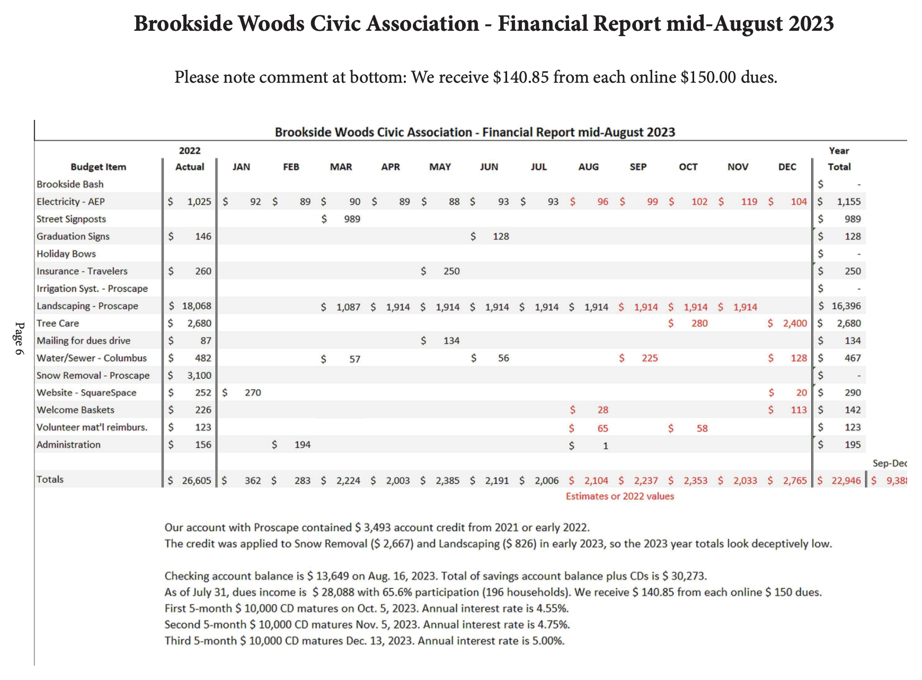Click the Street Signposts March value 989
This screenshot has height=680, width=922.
coord(352,219)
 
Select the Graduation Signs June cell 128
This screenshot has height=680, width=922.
coord(501,237)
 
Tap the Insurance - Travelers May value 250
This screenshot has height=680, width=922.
coord(451,271)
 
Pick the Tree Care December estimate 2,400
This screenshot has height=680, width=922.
coord(795,323)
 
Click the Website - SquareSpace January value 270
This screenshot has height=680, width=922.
coord(253,393)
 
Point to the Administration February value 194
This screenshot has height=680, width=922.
coord(302,444)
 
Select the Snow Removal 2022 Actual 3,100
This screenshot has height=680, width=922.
coord(199,376)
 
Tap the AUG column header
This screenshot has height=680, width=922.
coord(588,167)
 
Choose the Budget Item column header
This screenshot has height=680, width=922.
coord(98,167)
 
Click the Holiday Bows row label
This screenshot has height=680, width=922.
coord(66,254)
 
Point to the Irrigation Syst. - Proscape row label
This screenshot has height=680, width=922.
coord(92,289)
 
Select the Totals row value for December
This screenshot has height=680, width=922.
coord(795,481)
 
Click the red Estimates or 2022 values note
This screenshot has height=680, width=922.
coord(619,496)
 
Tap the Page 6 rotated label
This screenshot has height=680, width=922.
coord(20,338)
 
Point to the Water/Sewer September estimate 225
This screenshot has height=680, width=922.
coord(650,358)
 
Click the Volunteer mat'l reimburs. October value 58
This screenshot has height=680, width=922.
coord(702,428)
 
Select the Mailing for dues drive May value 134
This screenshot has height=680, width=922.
coord(451,341)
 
